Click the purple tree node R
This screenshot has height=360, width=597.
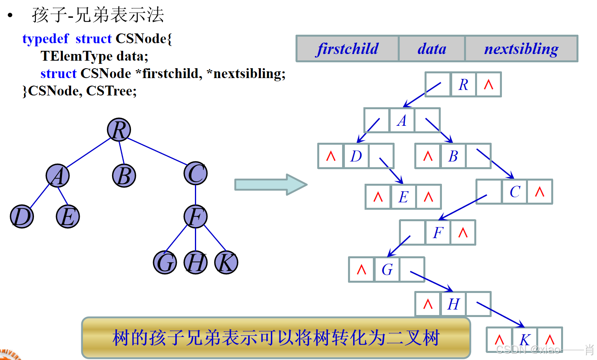[x=119, y=130]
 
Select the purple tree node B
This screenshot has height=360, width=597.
[x=124, y=176]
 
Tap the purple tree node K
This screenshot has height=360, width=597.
[x=226, y=263]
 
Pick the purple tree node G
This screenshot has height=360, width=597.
[x=165, y=263]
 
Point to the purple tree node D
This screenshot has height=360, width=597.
[x=22, y=216]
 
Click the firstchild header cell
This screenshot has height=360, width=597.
[x=347, y=49]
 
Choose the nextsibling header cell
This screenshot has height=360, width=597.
[x=521, y=49]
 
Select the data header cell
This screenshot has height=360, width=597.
[x=432, y=49]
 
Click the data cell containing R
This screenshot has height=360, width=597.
[x=463, y=85]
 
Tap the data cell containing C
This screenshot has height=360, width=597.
[x=515, y=192]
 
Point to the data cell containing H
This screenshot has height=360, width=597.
[x=453, y=304]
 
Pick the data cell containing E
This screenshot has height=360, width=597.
[x=403, y=197]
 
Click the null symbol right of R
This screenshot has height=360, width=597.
[x=488, y=85]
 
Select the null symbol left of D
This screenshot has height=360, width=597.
[x=331, y=156]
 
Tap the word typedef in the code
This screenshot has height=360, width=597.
[x=45, y=39]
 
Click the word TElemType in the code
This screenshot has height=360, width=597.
[x=77, y=56]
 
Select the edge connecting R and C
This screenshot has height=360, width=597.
[x=157, y=151]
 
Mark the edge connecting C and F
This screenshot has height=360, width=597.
[x=196, y=195]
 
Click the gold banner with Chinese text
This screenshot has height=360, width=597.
[x=276, y=338]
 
